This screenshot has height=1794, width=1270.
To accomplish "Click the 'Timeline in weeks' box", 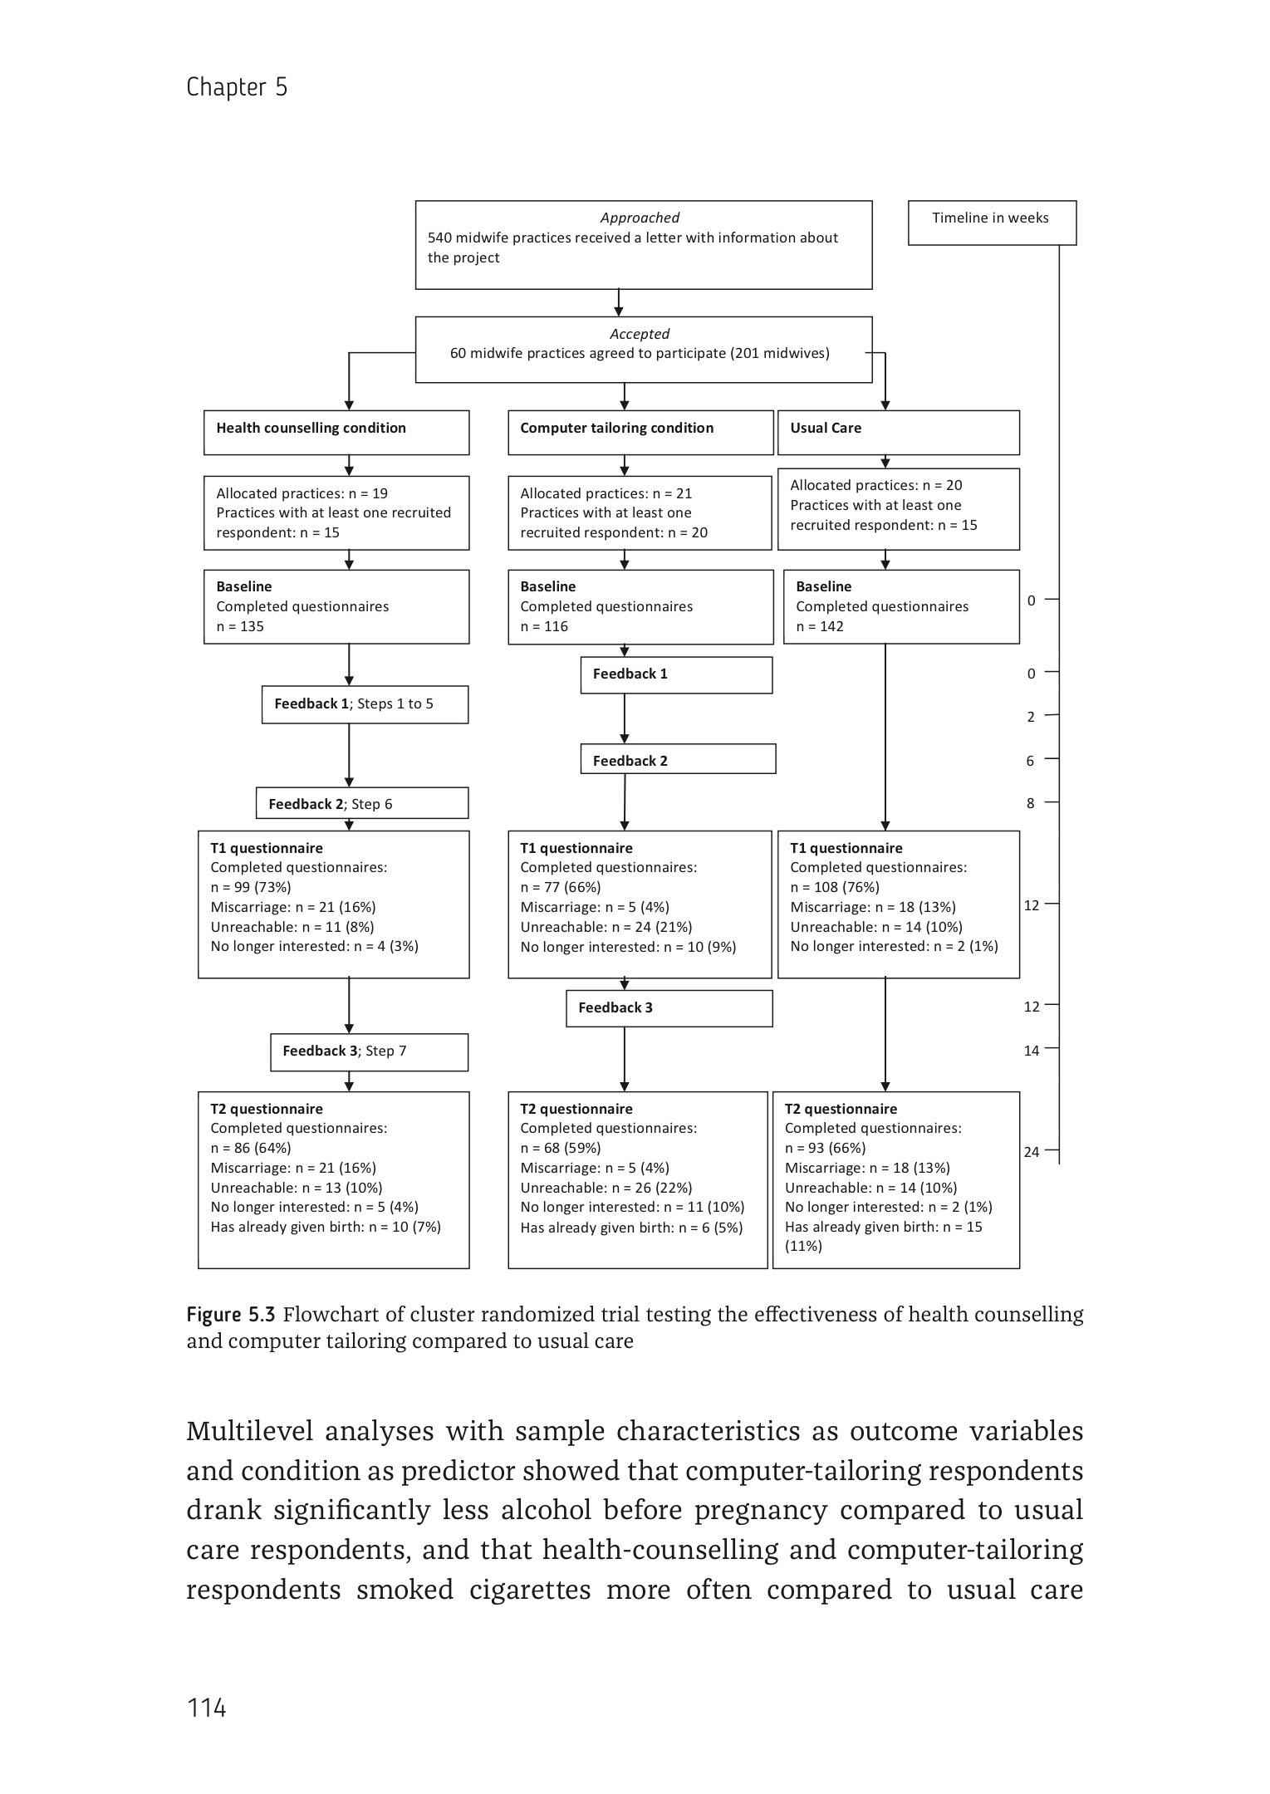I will click(991, 222).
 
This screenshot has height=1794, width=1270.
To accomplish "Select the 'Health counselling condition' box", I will click(336, 432).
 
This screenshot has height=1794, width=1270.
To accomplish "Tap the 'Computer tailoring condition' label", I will click(616, 429).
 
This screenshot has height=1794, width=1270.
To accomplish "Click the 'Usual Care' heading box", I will click(898, 432).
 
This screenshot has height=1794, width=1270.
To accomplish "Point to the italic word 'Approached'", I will click(640, 218).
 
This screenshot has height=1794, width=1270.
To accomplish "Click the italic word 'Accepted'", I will click(640, 334).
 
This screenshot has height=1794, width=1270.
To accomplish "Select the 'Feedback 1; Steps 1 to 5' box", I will click(365, 704).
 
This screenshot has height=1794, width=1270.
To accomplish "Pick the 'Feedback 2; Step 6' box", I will click(361, 804).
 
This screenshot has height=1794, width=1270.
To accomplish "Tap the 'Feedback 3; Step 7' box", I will click(369, 1051).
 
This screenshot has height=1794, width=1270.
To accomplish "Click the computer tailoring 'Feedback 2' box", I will click(678, 760).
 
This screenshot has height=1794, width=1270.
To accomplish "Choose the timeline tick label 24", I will click(1032, 1152).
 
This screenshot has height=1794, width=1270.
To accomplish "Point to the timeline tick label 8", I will click(1031, 803).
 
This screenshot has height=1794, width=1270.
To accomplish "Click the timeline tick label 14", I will click(1032, 1051).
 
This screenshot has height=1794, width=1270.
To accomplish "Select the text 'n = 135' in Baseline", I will click(240, 626).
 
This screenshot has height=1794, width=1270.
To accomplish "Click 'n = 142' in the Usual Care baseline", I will click(820, 626).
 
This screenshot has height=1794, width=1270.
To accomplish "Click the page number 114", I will click(206, 1708).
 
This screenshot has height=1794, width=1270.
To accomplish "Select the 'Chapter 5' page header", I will click(237, 87).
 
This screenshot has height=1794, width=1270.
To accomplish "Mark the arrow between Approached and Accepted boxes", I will click(619, 302).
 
